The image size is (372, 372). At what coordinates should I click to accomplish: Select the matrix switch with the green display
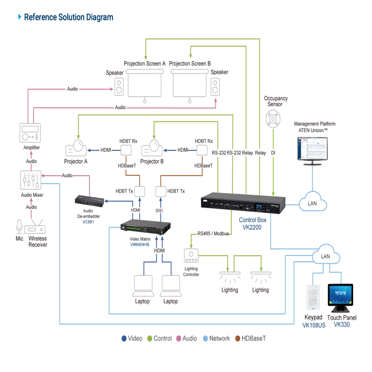(x=146, y=228)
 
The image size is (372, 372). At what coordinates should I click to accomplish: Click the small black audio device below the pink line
(x=90, y=200)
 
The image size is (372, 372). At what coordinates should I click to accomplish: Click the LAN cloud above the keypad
(x=326, y=256)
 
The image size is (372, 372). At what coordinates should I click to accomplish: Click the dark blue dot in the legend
(x=124, y=339)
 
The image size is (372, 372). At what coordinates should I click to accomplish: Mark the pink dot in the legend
(x=178, y=339)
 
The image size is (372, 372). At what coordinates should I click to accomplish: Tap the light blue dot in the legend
(x=206, y=339)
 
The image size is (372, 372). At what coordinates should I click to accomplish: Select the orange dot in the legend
(x=238, y=339)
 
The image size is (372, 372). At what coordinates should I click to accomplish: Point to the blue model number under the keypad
(x=313, y=325)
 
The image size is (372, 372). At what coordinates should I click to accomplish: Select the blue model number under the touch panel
(x=341, y=325)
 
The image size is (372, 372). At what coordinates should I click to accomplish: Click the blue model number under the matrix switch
(x=139, y=244)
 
